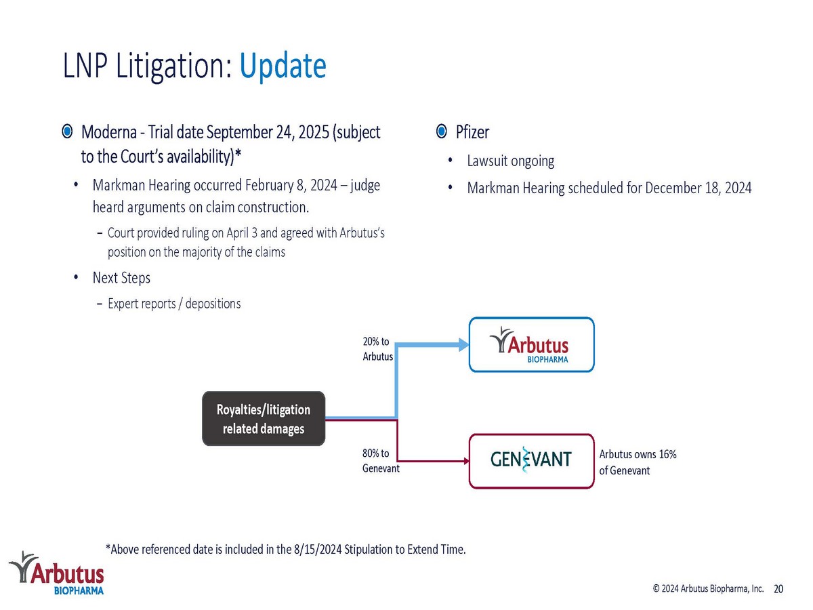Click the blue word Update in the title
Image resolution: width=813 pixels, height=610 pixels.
click(x=283, y=66)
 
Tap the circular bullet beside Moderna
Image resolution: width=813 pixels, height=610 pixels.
click(x=67, y=131)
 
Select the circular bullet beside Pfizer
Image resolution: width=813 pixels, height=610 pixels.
click(x=441, y=131)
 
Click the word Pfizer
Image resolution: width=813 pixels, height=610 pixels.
click(x=472, y=132)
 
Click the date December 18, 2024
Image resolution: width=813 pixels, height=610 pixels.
click(x=699, y=188)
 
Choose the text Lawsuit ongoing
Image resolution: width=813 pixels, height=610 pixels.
click(x=510, y=161)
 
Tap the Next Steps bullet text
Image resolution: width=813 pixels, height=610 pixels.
click(x=121, y=278)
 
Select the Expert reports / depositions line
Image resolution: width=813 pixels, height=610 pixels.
click(x=174, y=304)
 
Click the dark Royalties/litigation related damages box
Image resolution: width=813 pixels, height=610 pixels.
click(x=264, y=418)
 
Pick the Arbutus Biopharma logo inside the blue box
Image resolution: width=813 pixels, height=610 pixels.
click(x=529, y=345)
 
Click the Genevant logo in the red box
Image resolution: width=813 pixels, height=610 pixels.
click(x=530, y=460)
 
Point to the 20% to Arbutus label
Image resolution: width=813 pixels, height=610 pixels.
click(x=377, y=349)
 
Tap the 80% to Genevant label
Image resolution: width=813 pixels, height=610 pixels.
click(x=381, y=461)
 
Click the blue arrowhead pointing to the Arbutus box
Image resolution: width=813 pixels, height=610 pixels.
click(x=463, y=345)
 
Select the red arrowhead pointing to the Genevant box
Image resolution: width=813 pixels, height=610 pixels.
click(x=467, y=461)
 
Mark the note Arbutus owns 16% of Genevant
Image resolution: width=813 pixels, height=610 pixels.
click(x=638, y=462)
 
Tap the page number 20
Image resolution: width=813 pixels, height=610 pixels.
click(x=778, y=589)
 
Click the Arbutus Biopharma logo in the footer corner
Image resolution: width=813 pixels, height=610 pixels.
click(x=56, y=573)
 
